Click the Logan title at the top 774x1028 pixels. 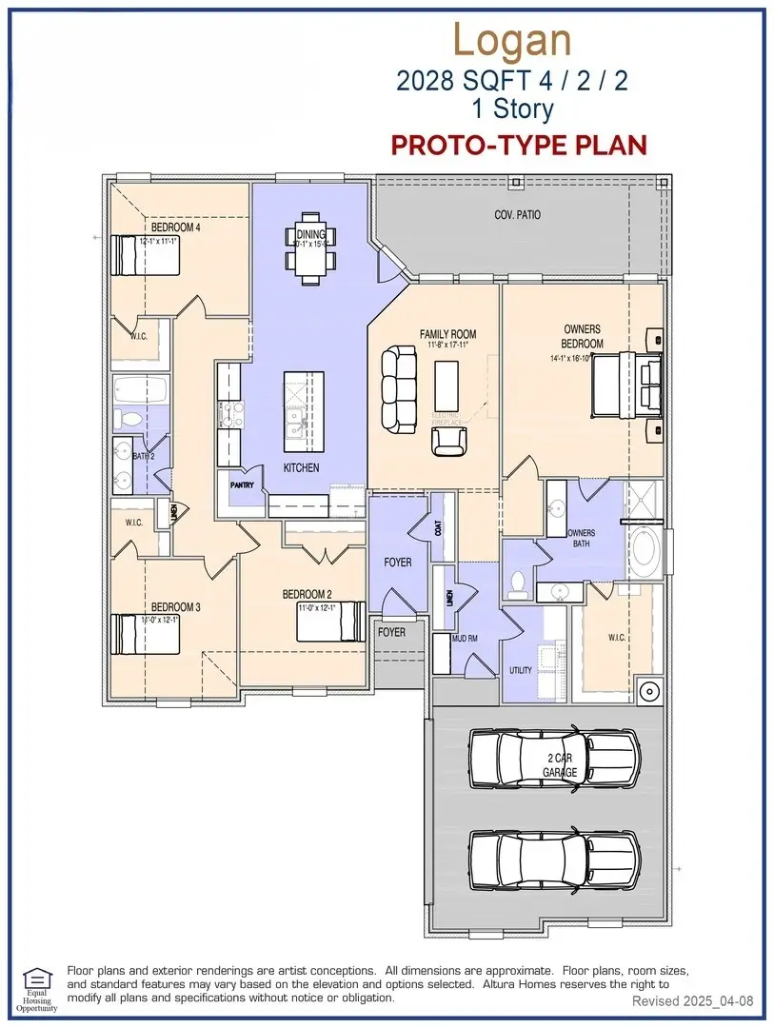tap(512, 40)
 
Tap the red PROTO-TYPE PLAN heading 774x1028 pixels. tap(520, 145)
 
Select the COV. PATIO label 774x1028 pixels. tap(517, 215)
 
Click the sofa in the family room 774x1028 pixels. tap(398, 388)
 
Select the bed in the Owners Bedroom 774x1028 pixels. tap(627, 384)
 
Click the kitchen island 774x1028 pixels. tap(304, 411)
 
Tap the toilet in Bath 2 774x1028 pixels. tap(129, 418)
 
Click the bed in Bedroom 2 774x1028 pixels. tap(330, 621)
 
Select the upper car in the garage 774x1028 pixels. tap(554, 760)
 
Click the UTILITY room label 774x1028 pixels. tap(521, 671)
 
